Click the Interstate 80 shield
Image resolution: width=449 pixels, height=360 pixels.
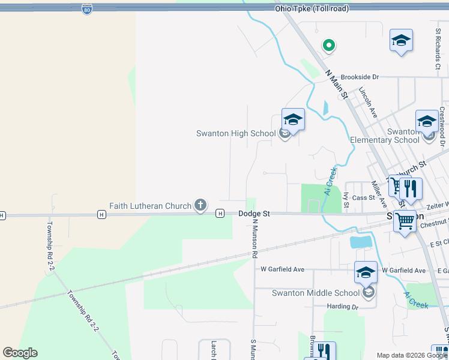tap(87, 10)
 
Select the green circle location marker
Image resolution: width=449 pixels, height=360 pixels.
tap(328, 44)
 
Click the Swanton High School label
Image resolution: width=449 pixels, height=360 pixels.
tap(236, 133)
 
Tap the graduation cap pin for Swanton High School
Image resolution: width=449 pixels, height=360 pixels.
tap(293, 119)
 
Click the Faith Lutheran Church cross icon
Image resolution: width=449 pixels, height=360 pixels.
tap(200, 206)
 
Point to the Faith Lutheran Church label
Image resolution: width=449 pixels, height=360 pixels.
tap(150, 206)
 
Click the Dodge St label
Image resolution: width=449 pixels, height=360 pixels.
tap(255, 214)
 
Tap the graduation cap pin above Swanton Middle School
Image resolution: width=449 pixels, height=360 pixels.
tap(366, 272)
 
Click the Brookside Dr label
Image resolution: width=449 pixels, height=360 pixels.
tap(360, 77)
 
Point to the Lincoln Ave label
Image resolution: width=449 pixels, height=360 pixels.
tap(368, 102)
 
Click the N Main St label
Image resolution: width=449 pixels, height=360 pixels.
tap(337, 84)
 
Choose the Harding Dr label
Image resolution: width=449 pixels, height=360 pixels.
tap(343, 306)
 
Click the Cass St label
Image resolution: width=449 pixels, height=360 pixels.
tap(363, 197)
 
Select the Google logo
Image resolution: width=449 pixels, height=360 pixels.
tap(20, 353)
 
